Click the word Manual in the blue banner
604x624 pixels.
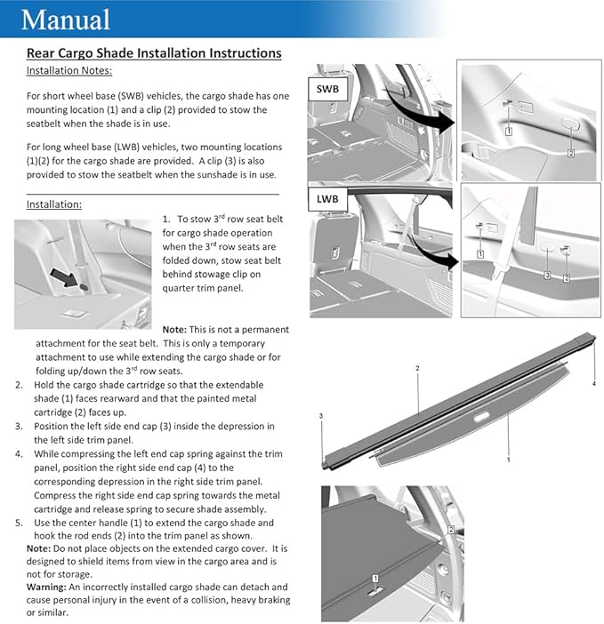point(66,20)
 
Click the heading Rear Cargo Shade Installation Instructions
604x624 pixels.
point(154,53)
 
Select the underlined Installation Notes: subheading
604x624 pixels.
point(69,70)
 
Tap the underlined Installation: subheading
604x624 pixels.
point(54,204)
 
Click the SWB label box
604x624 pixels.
point(327,89)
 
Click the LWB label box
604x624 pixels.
point(327,199)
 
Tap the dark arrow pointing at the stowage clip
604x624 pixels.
point(64,277)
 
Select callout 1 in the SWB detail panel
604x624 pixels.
point(509,131)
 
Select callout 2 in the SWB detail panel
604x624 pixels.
point(571,153)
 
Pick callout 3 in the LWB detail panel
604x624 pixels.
point(547,275)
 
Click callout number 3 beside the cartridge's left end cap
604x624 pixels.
point(321,416)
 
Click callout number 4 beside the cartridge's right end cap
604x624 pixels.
point(593,384)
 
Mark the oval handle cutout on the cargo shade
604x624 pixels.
point(481,417)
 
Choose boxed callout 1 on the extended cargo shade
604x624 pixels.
point(375,579)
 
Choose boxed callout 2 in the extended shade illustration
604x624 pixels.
point(451,529)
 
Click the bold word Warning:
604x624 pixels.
point(46,587)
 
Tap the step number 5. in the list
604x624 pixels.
point(19,523)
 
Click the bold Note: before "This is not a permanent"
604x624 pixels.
point(174,330)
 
